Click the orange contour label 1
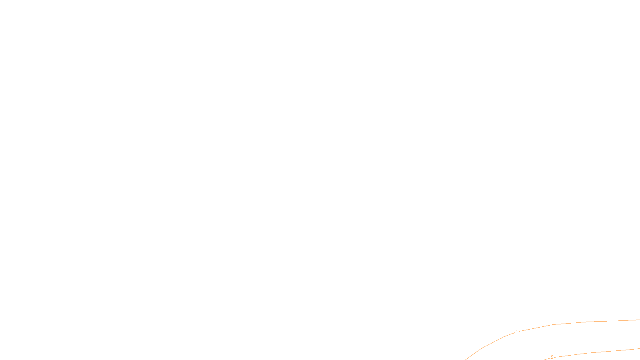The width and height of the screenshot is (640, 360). click(x=517, y=332)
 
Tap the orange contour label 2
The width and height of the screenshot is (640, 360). click(x=552, y=357)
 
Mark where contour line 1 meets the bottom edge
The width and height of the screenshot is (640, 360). click(x=465, y=359)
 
